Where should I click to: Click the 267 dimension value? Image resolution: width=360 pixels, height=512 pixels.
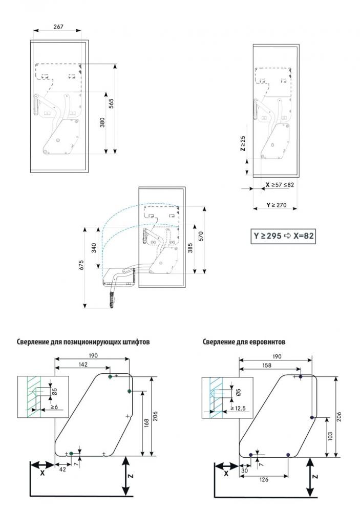click(58, 27)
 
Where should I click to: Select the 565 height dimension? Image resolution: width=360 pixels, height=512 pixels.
click(111, 103)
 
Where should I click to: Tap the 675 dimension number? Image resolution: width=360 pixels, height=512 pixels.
click(81, 265)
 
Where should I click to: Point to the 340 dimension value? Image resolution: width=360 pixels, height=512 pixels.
click(94, 247)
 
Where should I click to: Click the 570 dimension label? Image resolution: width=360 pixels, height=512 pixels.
click(201, 236)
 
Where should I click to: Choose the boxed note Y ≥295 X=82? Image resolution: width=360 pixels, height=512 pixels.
click(283, 236)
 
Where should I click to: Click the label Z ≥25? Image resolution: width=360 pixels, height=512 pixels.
click(243, 143)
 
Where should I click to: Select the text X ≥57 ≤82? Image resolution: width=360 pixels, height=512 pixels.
click(280, 184)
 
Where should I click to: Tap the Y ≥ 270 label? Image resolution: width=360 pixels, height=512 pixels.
click(277, 205)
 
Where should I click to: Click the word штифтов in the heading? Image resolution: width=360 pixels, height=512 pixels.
click(135, 342)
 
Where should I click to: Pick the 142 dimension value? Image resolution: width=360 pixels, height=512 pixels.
click(83, 365)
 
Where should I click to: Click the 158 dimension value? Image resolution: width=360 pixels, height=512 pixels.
click(267, 366)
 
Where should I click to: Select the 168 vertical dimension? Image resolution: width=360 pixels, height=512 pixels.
click(146, 423)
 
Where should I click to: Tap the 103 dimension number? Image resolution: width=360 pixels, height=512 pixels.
click(330, 436)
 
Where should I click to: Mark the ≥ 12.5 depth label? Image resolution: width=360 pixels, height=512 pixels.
click(238, 409)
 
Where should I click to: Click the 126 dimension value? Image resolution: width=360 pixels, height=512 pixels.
click(264, 479)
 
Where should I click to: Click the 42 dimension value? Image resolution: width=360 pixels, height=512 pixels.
click(62, 469)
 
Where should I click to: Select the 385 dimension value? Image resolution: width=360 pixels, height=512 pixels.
click(190, 248)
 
